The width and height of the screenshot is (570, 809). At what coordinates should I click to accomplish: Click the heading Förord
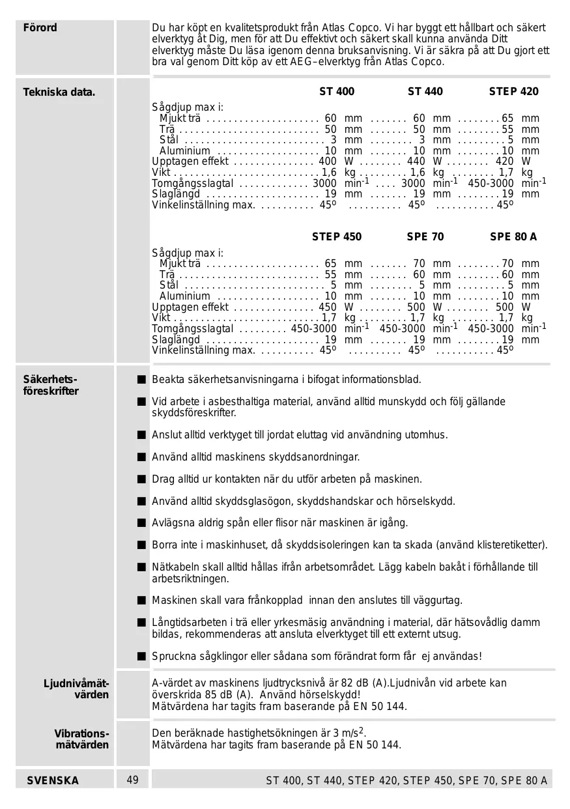tap(40, 28)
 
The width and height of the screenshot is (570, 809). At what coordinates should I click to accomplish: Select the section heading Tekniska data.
tap(59, 92)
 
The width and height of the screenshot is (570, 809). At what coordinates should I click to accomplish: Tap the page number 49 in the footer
tap(133, 780)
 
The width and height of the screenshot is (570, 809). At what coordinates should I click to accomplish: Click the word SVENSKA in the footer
tap(53, 780)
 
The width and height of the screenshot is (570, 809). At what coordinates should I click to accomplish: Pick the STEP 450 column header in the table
tap(337, 237)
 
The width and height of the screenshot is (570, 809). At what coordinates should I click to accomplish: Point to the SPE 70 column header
tap(425, 237)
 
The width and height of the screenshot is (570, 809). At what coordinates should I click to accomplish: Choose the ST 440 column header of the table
tap(425, 92)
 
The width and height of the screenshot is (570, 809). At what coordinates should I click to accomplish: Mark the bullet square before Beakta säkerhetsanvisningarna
tap(141, 380)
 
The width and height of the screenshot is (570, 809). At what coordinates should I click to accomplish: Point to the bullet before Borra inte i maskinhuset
tap(141, 545)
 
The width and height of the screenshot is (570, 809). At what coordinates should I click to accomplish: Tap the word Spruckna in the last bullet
tap(174, 656)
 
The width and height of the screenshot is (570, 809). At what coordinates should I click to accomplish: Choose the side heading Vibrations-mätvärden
tap(81, 739)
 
